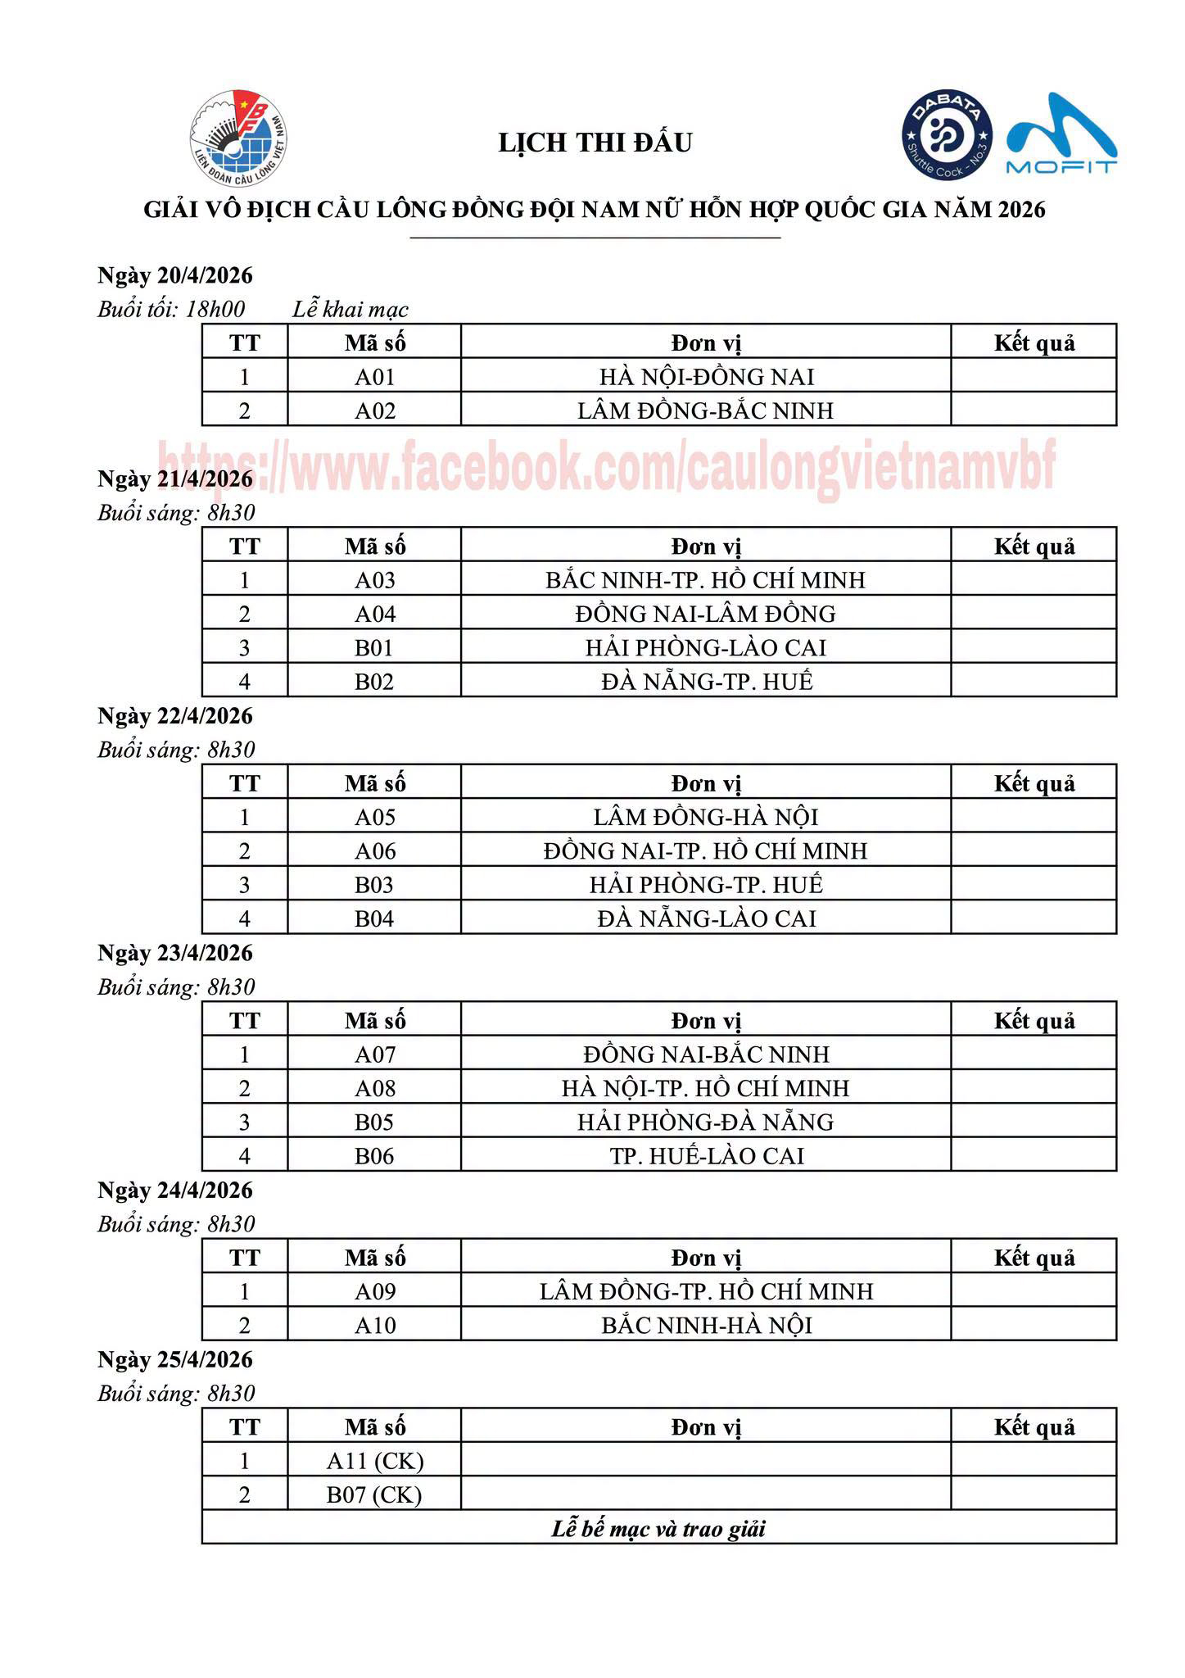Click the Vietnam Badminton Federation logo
[x=238, y=138]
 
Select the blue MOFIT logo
[x=1061, y=135]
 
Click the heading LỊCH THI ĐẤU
[x=595, y=143]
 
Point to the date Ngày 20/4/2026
[x=175, y=275]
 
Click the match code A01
[x=374, y=377]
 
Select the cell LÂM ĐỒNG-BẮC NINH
[x=705, y=410]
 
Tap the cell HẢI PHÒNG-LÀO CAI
[x=705, y=648]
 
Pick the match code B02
[x=374, y=682]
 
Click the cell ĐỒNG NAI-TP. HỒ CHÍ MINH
[x=705, y=851]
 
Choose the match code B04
[x=374, y=918]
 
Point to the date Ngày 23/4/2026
[x=175, y=954]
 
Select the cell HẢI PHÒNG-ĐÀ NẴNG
[x=705, y=1122]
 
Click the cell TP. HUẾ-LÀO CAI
[x=705, y=1156]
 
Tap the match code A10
[x=374, y=1326]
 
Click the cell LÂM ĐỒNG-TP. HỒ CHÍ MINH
[x=705, y=1292]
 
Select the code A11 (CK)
[x=374, y=1462]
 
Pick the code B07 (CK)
[x=374, y=1495]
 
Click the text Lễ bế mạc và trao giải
[x=658, y=1529]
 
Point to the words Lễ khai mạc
[x=351, y=310]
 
